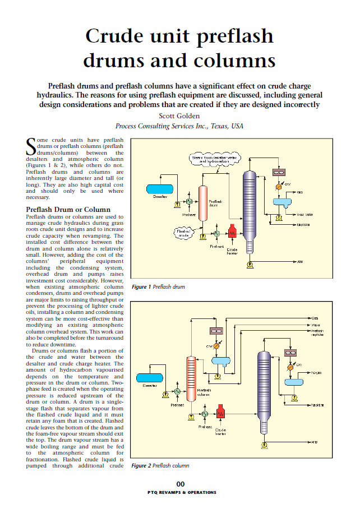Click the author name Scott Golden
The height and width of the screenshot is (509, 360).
pos(179,116)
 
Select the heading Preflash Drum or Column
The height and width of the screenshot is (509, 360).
pos(68,210)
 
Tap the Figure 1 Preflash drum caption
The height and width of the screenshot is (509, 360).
pos(159,287)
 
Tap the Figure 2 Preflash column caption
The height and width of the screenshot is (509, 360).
pos(160,465)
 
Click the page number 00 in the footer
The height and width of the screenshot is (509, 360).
pos(180,484)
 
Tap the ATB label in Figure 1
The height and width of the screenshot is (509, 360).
pos(301,262)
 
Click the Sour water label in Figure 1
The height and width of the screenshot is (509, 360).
pos(304,214)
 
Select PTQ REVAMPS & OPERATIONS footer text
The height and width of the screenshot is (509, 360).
pos(180,492)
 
